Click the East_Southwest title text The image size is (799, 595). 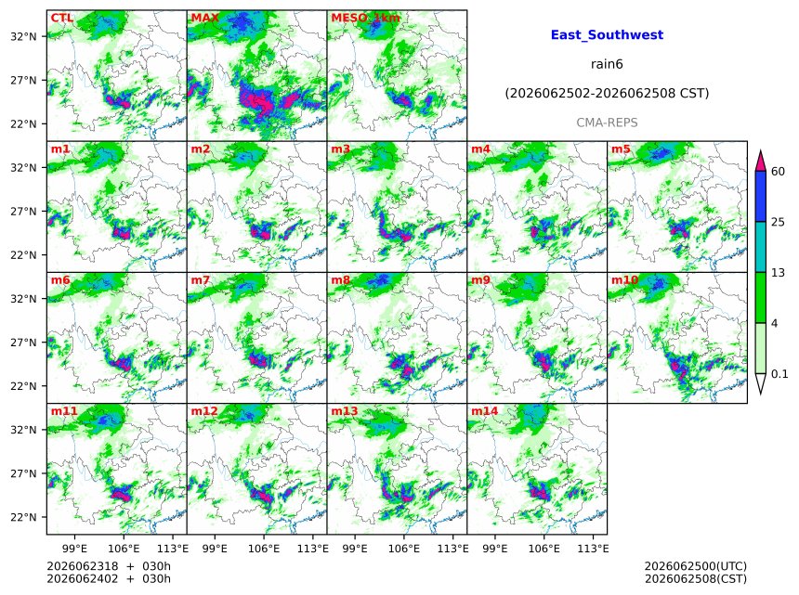click(607, 35)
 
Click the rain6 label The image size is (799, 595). click(607, 64)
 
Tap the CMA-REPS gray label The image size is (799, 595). click(607, 123)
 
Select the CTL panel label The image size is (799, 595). click(61, 18)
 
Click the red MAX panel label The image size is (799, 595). click(204, 18)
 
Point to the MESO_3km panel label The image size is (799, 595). click(365, 18)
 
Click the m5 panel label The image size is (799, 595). click(621, 149)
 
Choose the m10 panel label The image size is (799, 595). click(624, 280)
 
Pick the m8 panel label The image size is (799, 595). click(340, 280)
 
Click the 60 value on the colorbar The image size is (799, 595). click(778, 172)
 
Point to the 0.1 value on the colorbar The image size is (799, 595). click(779, 374)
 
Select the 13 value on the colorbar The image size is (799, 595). click(778, 273)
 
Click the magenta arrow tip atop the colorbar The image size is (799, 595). click(760, 150)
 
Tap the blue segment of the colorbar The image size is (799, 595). click(760, 196)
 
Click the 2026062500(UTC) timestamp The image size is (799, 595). click(696, 566)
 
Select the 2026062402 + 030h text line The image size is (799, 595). click(109, 579)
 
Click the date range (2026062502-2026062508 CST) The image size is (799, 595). click(607, 94)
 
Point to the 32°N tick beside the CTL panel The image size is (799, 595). click(23, 36)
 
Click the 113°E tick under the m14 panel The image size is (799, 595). click(593, 549)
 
